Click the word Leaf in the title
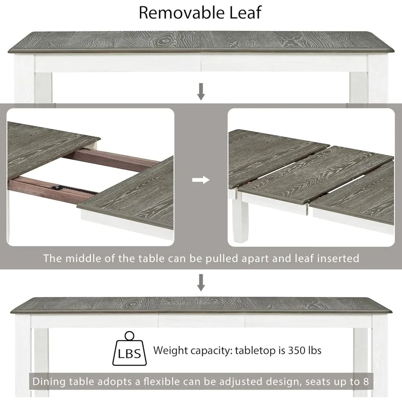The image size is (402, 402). (245, 12)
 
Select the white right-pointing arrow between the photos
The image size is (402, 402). (201, 180)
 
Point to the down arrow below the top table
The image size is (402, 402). (201, 92)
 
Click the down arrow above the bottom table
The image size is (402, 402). (201, 283)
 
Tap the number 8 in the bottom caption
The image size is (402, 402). (366, 381)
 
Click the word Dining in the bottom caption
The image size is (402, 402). (49, 382)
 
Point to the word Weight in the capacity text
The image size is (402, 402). (171, 351)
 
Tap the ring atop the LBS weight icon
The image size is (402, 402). (129, 335)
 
